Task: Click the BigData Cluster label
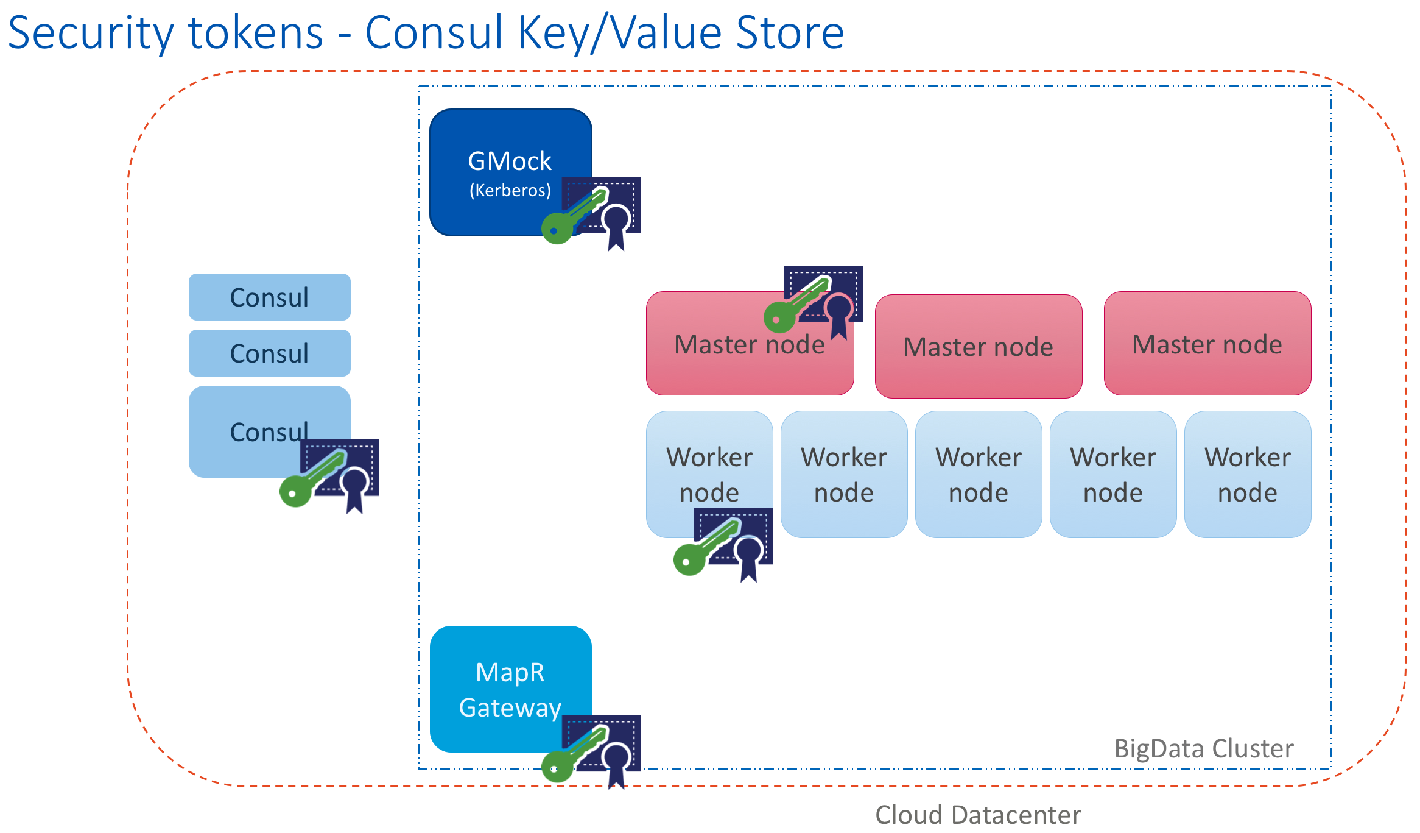click(x=1203, y=748)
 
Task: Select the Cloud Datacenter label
click(x=978, y=815)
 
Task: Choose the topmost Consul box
click(x=269, y=297)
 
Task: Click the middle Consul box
click(x=269, y=353)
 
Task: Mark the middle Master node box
click(x=978, y=347)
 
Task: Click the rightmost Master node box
click(x=1207, y=344)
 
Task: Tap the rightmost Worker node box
click(x=1247, y=474)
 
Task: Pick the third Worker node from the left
click(x=978, y=474)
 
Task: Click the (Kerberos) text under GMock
click(x=510, y=191)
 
